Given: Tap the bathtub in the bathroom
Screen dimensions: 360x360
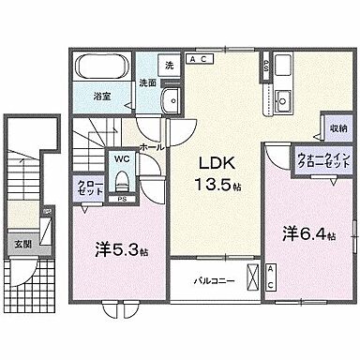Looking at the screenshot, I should click(102, 69).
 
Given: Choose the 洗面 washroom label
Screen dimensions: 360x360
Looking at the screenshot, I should click(148, 82).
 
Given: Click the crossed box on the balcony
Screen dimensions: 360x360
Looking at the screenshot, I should click(252, 278).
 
